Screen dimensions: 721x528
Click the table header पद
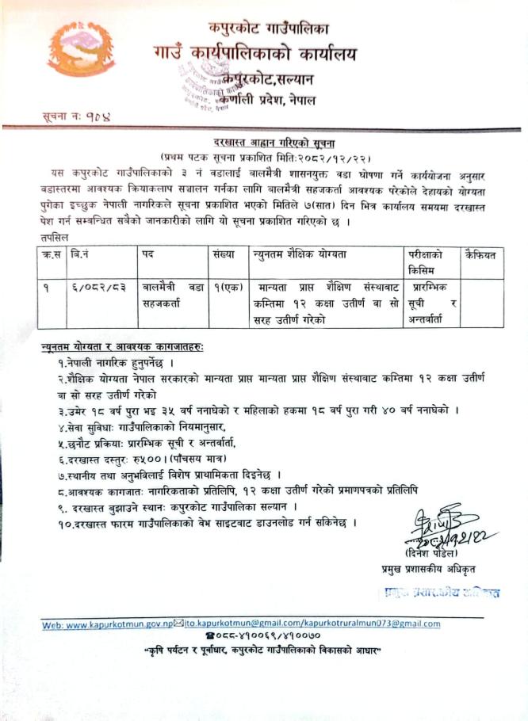pyautogui.click(x=147, y=254)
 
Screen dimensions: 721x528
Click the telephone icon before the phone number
pyautogui.click(x=209, y=636)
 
